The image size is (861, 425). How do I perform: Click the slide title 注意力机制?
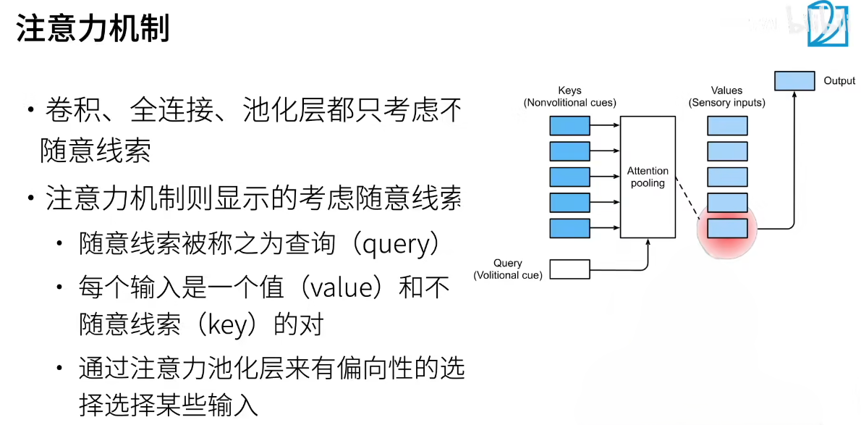[x=93, y=30]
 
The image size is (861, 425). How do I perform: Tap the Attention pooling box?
[x=648, y=177]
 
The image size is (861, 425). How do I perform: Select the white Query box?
[x=570, y=269]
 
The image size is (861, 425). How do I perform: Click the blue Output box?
[x=794, y=81]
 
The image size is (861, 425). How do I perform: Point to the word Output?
[x=839, y=81]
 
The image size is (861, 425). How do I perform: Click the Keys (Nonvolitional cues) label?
[x=569, y=97]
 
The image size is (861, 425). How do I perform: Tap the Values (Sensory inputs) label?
[x=726, y=97]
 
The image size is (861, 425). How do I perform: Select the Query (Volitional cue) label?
[x=508, y=269]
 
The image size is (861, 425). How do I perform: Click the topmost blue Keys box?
[x=570, y=126]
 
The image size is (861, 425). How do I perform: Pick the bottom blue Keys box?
[x=570, y=228]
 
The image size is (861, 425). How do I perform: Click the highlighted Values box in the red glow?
[x=727, y=228]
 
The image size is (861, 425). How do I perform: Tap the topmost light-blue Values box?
[x=727, y=126]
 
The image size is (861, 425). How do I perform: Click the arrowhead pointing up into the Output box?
[x=794, y=95]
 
